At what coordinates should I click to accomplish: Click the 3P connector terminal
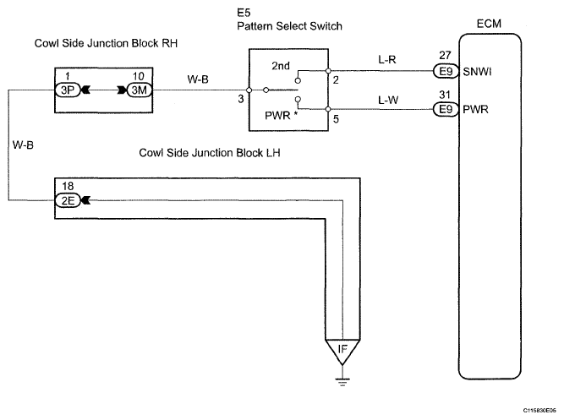(68, 90)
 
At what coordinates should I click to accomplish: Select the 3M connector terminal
(140, 90)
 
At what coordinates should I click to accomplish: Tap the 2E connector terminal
(68, 200)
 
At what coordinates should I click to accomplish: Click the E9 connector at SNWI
(446, 71)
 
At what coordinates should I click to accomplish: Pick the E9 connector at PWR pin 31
(446, 109)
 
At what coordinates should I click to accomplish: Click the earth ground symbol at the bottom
(342, 382)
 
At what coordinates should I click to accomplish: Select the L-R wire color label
(387, 59)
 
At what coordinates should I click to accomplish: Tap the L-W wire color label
(388, 100)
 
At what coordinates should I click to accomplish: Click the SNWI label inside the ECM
(477, 72)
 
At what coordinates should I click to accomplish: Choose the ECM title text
(489, 24)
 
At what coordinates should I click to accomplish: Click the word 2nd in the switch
(281, 66)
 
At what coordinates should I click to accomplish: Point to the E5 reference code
(244, 13)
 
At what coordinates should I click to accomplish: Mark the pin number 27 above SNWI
(445, 55)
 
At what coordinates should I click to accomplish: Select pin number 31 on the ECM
(445, 95)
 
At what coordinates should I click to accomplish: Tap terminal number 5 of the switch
(336, 119)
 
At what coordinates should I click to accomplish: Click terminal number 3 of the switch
(241, 99)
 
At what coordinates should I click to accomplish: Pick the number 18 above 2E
(68, 186)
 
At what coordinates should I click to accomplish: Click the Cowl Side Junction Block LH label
(210, 153)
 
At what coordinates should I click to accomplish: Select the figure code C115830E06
(539, 411)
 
